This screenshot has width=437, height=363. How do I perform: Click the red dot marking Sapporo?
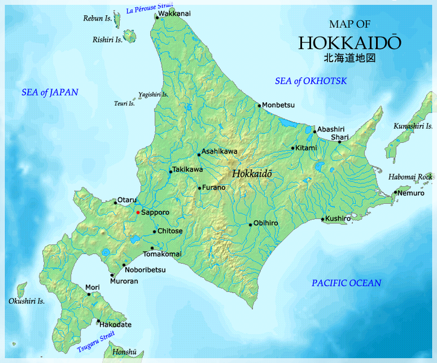pos(138,212)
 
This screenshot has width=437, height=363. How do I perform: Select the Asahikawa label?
pos(219,151)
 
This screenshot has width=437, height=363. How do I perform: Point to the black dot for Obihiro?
pos(250,224)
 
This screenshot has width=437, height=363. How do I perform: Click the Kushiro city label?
pos(338,218)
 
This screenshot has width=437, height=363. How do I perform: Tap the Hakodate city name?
pos(115,325)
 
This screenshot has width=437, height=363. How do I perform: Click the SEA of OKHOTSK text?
pos(310,81)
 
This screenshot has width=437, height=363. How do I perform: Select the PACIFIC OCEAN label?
pos(346,283)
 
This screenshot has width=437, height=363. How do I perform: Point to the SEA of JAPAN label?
pos(50,92)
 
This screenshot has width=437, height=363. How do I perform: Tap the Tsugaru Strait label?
pos(96,342)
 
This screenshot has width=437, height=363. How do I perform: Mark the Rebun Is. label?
pos(97,19)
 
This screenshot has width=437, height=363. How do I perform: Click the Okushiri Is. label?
pos(27,301)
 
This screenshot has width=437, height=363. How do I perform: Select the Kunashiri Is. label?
pos(413,126)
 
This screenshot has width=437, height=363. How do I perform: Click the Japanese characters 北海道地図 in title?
pos(350,59)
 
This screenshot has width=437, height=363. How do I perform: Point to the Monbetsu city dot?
pos(259,106)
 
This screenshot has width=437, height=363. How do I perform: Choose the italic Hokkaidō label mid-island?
pos(252,173)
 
